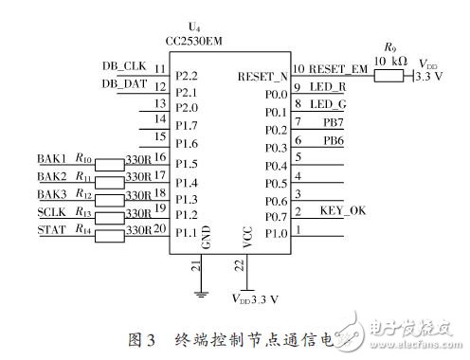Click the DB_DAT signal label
[x=124, y=83]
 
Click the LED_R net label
[x=327, y=86]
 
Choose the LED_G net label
[x=327, y=104]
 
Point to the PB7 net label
[x=333, y=122]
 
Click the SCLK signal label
[x=52, y=211]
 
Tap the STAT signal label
[x=51, y=228]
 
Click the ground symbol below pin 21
[x=200, y=293]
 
